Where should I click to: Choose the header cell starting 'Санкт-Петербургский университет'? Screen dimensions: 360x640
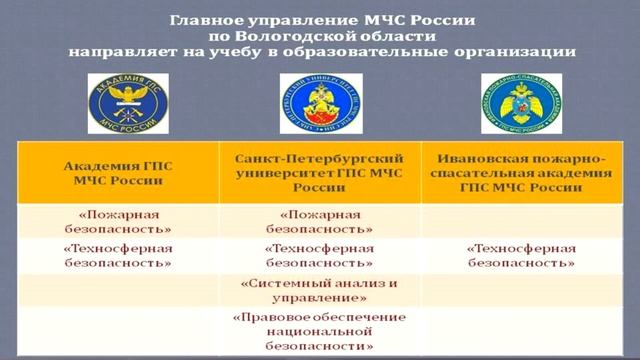[320, 173]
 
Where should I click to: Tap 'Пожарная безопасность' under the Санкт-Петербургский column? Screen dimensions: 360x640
[320, 221]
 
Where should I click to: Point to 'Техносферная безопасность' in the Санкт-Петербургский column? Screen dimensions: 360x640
[320, 255]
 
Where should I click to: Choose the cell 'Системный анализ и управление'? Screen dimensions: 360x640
[320, 290]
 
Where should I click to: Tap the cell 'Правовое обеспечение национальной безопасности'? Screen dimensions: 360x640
[320, 331]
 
